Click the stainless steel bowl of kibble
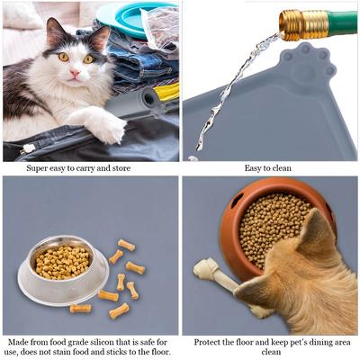coord(63,266)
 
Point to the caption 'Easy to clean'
coord(271,167)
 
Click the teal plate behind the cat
coord(131,16)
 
